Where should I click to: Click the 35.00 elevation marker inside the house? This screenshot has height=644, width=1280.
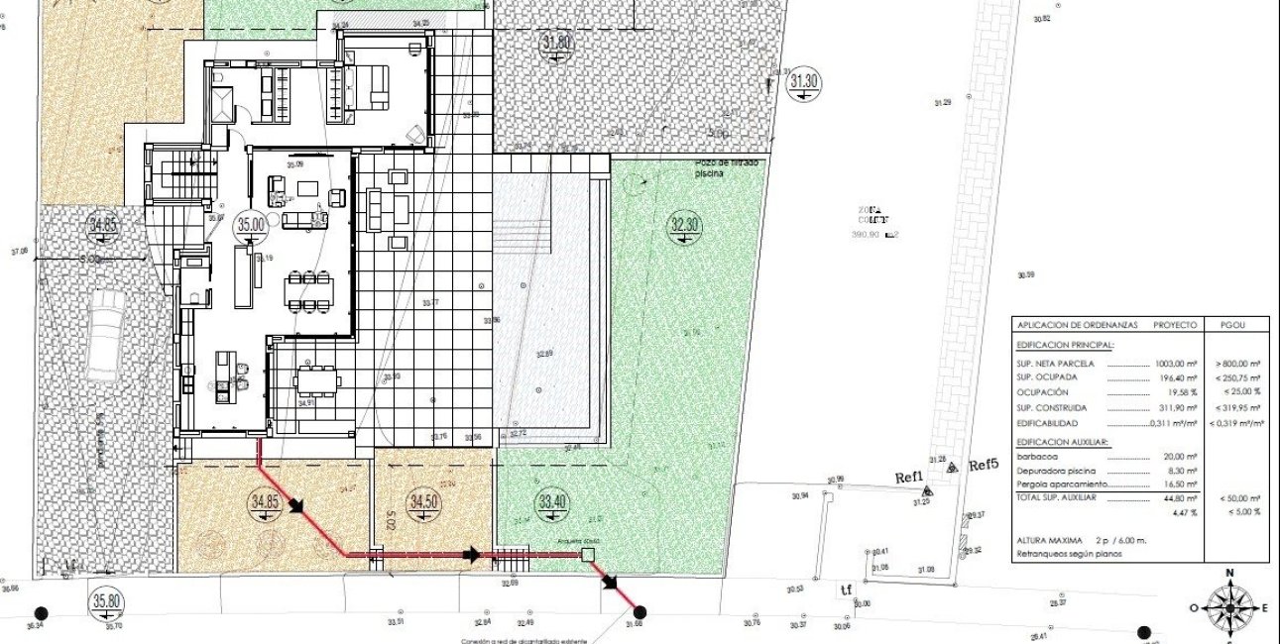pos(251,225)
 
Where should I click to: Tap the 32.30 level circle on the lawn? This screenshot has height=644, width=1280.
pos(685,225)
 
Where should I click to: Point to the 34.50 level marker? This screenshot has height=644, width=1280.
pos(424,501)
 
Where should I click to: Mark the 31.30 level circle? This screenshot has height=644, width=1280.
pos(803,84)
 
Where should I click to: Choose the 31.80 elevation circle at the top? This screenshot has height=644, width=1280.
pos(557,43)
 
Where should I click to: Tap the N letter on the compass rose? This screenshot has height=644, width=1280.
pos(1229,573)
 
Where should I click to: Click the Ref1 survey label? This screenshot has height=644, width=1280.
pos(909,478)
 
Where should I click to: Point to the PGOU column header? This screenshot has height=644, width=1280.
pos(1238,325)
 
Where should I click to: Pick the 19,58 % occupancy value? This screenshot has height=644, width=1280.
pos(1179,392)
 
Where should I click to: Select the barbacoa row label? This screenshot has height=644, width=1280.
pos(1037,457)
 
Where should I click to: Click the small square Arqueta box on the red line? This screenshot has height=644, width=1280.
pos(587,556)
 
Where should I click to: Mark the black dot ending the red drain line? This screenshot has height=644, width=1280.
pos(640,612)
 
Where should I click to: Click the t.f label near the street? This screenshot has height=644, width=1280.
pos(846,591)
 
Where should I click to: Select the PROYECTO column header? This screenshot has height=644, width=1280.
pos(1175,325)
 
